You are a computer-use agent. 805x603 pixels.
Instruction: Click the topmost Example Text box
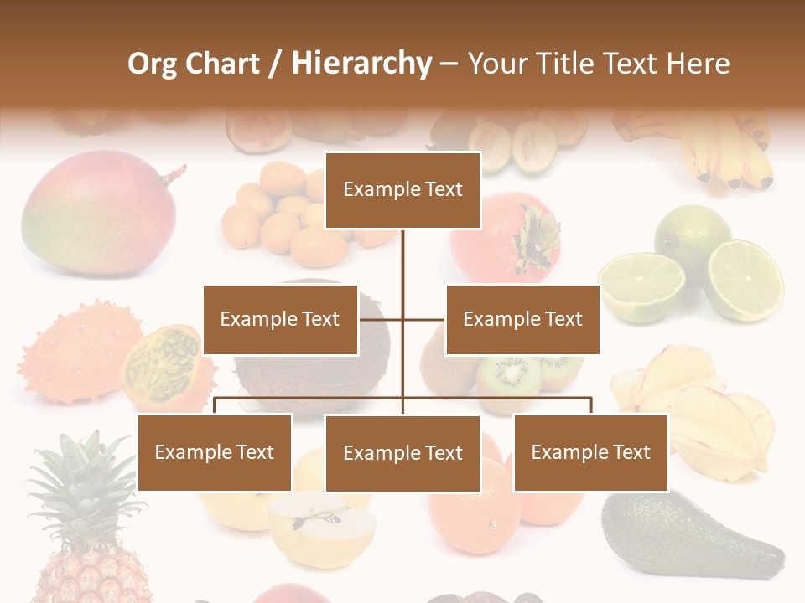[402, 190]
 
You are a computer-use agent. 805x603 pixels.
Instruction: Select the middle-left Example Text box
[280, 319]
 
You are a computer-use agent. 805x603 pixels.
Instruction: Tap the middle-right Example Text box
[522, 319]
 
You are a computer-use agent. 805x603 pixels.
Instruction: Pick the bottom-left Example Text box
[215, 452]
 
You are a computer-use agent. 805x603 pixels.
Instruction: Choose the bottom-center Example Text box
[402, 453]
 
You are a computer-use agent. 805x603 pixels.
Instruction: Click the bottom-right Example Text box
[590, 452]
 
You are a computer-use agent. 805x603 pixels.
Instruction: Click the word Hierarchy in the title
[361, 64]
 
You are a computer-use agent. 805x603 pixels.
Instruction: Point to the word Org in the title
[152, 64]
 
